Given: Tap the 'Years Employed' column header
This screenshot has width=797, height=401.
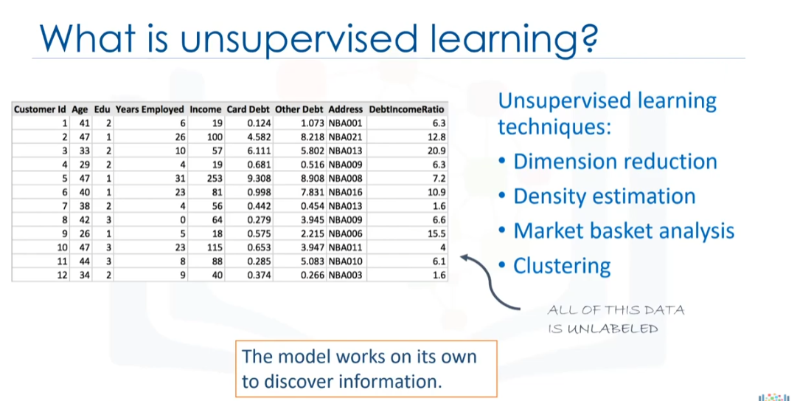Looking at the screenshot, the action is [150, 109].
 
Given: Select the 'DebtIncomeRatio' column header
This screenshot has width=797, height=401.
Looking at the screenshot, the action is [407, 109].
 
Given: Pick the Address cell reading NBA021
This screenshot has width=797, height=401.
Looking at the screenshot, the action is [346, 137].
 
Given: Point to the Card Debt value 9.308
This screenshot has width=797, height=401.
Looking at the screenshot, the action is [260, 179].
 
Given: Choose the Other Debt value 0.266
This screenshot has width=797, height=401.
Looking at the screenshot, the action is [313, 275].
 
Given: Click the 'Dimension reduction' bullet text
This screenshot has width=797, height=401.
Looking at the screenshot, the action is [615, 162].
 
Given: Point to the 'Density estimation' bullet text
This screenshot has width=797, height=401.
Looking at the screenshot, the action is [605, 196].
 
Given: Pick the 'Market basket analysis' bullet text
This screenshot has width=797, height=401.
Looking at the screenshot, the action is [624, 231].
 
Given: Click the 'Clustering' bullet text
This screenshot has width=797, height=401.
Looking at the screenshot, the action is [562, 266].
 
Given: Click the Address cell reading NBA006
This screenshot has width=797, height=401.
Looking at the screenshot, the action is [346, 234].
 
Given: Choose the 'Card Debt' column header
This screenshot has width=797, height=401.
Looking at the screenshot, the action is [248, 109].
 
